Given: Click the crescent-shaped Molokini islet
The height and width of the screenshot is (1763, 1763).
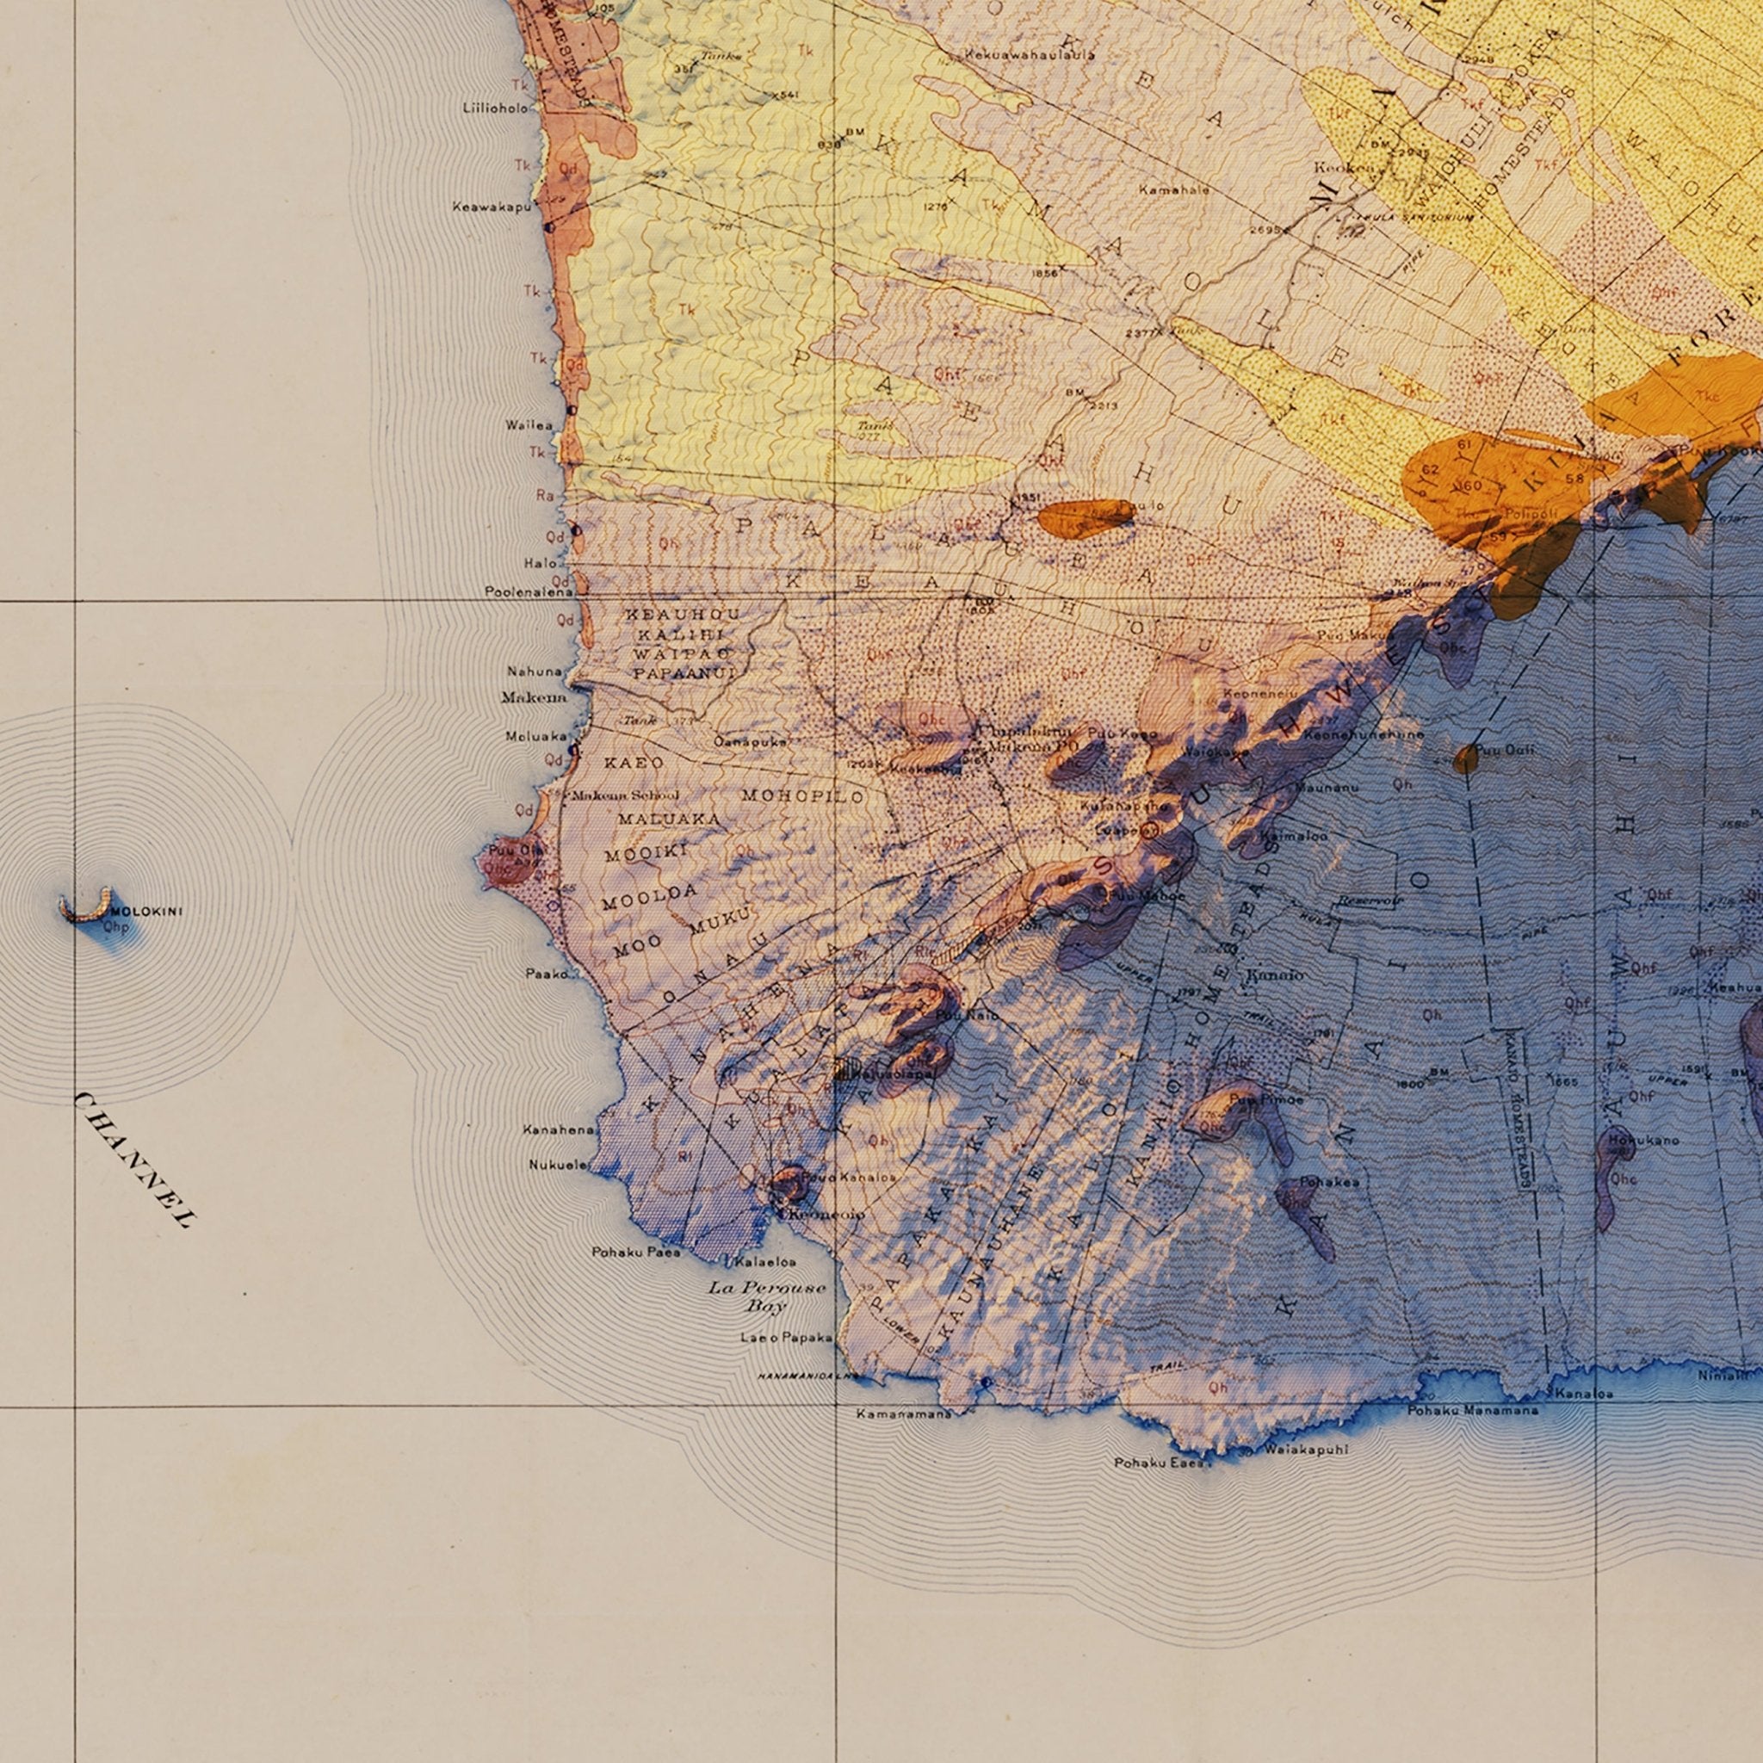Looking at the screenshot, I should click(85, 907).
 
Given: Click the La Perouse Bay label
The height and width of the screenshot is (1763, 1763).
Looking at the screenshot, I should click(766, 1296).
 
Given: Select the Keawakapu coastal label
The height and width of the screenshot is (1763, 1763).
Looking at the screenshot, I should click(491, 207).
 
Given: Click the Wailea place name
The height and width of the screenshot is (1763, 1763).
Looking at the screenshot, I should click(529, 425).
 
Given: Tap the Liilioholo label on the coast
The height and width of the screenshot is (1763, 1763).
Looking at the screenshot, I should click(495, 108).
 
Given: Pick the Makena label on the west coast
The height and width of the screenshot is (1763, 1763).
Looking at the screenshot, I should click(533, 698).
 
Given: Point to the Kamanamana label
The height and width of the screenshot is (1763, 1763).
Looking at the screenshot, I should click(903, 1413).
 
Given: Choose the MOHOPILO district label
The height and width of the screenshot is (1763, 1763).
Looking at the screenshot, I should click(802, 795).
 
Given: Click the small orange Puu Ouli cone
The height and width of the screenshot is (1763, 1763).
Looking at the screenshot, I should click(1465, 758).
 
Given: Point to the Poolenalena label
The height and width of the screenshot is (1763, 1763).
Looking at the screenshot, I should click(529, 592).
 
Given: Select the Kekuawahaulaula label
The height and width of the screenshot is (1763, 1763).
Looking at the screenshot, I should click(1030, 55).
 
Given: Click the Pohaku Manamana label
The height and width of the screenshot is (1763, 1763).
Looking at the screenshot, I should click(1473, 1411).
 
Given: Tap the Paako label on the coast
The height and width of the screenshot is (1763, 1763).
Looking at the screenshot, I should click(547, 974).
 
